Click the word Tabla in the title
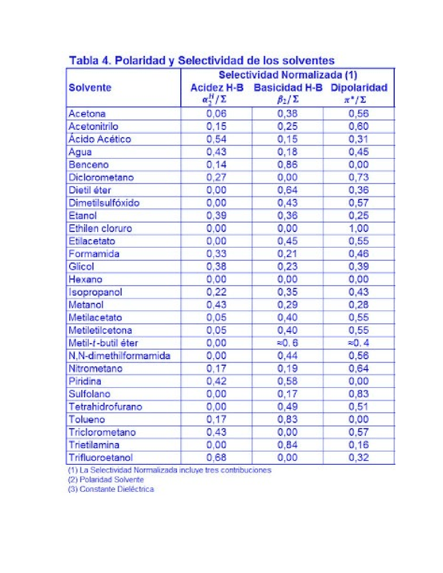coord(84,61)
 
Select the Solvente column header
coord(90,88)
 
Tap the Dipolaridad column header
coord(359,88)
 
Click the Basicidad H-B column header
coord(288,88)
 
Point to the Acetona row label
coord(87,113)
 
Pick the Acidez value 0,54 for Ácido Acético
coord(216,139)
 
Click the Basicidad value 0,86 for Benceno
coord(287,165)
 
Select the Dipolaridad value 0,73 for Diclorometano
coord(359,178)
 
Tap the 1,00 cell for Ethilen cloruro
coord(359,228)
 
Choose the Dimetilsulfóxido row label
coord(104,203)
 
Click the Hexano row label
coord(85,279)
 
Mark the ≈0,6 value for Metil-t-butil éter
coord(287,343)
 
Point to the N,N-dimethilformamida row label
coord(119,356)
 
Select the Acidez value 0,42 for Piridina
coord(216,381)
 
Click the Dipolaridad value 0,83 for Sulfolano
coord(359,394)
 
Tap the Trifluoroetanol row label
coord(100,457)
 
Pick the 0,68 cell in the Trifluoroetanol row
coord(216,457)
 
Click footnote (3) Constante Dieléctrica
coord(111,489)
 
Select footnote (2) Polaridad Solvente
coord(106,480)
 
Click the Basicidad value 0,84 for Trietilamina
coord(287,445)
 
